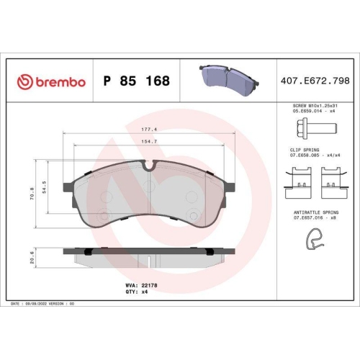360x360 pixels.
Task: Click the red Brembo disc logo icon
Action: pyautogui.click(x=24, y=82)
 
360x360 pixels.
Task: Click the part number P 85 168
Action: pyautogui.click(x=136, y=81)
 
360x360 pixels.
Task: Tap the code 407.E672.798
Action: pyautogui.click(x=315, y=81)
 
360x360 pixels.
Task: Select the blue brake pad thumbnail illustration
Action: pyautogui.click(x=229, y=77)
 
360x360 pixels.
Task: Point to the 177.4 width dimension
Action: pyautogui.click(x=149, y=130)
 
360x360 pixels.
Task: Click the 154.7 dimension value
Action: pyautogui.click(x=149, y=142)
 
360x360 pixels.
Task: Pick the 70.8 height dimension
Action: pyautogui.click(x=32, y=194)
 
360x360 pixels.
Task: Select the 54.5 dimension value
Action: pyautogui.click(x=44, y=187)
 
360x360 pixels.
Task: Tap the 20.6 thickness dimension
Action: pyautogui.click(x=32, y=258)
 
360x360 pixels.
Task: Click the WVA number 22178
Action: pyautogui.click(x=149, y=285)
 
